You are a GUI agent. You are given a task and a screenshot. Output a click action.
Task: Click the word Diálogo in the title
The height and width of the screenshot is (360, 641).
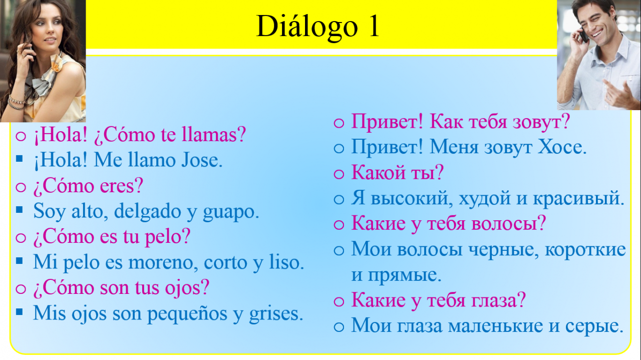(x=307, y=27)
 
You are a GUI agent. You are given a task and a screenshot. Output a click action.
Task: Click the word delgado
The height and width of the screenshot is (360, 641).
(x=147, y=212)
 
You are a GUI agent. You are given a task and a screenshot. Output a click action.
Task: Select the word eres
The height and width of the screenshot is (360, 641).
(x=117, y=186)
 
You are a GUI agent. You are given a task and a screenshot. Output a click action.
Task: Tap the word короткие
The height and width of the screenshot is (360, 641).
(x=585, y=249)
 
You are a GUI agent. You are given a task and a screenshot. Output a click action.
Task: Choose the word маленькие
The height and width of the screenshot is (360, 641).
(x=495, y=326)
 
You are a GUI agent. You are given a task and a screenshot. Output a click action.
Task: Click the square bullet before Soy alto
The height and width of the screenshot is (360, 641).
(x=20, y=210)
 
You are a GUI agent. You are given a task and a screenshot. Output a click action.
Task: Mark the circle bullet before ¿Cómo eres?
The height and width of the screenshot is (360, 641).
(x=21, y=187)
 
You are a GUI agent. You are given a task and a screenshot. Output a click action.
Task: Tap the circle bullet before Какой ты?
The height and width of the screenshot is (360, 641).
(x=339, y=174)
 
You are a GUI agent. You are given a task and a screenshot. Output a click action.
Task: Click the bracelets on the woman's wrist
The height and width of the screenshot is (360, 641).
(x=16, y=103)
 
